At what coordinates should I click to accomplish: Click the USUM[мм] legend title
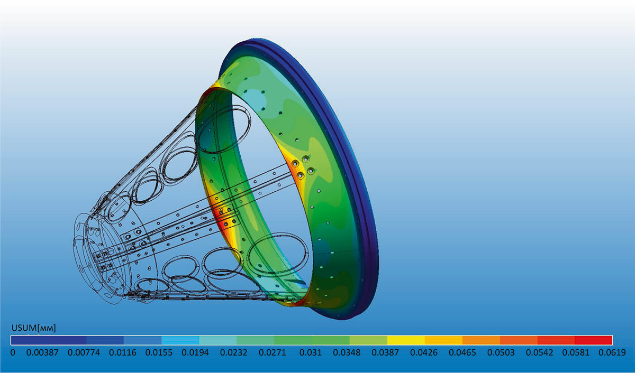(x=33, y=328)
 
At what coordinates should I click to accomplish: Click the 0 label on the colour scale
(x=13, y=352)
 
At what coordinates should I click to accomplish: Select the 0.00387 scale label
(x=42, y=352)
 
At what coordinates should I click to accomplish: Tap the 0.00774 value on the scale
(x=84, y=352)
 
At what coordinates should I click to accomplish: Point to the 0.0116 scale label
(x=123, y=352)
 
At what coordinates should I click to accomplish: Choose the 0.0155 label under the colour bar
(x=159, y=352)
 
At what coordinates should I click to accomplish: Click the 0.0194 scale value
(x=195, y=352)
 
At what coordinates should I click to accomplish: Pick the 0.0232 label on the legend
(x=233, y=352)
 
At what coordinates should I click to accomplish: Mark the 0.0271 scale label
(x=273, y=352)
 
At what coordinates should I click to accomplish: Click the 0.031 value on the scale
(x=311, y=352)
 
